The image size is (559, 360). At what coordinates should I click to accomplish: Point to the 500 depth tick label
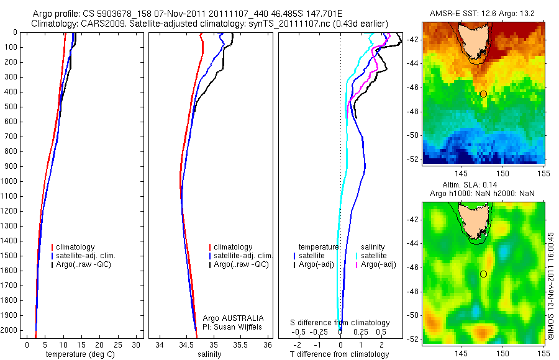click(11, 107)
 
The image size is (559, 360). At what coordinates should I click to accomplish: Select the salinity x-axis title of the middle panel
click(211, 354)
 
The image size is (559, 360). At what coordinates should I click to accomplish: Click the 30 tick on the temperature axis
click(135, 344)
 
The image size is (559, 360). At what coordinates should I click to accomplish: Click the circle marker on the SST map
click(483, 94)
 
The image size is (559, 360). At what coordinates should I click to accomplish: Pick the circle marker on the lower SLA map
click(483, 274)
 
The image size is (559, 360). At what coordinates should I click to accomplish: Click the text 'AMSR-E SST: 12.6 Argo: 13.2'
click(483, 14)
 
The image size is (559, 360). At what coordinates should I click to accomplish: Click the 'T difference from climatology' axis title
click(340, 354)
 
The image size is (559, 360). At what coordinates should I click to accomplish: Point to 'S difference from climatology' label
click(340, 323)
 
